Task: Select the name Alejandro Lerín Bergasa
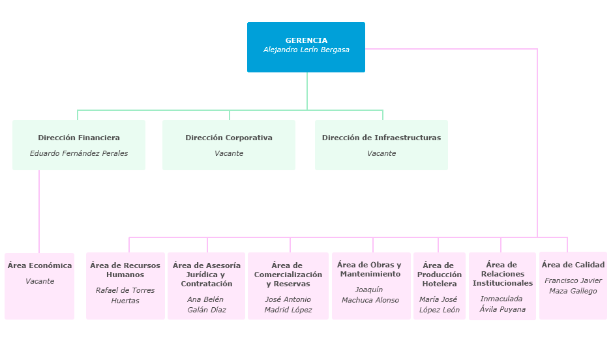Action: [x=306, y=50]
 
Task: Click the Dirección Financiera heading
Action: [x=79, y=138]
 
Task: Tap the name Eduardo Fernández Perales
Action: [x=79, y=153]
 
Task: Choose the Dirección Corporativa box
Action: [x=229, y=145]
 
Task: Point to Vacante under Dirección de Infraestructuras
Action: [x=381, y=153]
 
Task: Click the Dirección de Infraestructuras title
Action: [x=381, y=138]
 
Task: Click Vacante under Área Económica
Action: [x=40, y=281]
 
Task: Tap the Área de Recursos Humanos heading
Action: [x=125, y=270]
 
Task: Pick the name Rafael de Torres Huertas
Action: [x=125, y=295]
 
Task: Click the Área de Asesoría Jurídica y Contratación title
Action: [x=207, y=275]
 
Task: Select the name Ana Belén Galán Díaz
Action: [x=207, y=305]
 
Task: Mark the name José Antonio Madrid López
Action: [x=288, y=305]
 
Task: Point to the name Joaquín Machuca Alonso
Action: [x=372, y=295]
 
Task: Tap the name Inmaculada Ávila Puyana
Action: [x=502, y=304]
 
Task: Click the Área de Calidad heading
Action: [x=573, y=265]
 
